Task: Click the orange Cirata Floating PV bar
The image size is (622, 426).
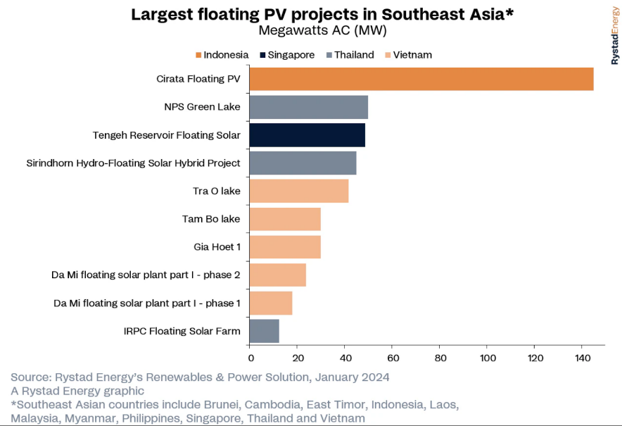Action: [421, 79]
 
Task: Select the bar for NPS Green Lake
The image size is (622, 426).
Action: [308, 107]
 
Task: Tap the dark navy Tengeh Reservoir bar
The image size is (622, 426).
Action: [307, 134]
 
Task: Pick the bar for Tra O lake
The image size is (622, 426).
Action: [298, 191]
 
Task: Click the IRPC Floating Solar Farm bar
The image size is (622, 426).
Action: [264, 331]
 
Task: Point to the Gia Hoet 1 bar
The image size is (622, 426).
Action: [285, 247]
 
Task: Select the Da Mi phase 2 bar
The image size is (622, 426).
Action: [277, 275]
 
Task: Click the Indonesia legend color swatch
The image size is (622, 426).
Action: [198, 55]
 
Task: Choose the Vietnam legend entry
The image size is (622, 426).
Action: [412, 55]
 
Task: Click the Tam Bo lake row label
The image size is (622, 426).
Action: [211, 219]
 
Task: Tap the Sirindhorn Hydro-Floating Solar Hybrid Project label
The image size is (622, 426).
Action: [133, 163]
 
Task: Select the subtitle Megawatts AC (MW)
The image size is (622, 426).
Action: [322, 31]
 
